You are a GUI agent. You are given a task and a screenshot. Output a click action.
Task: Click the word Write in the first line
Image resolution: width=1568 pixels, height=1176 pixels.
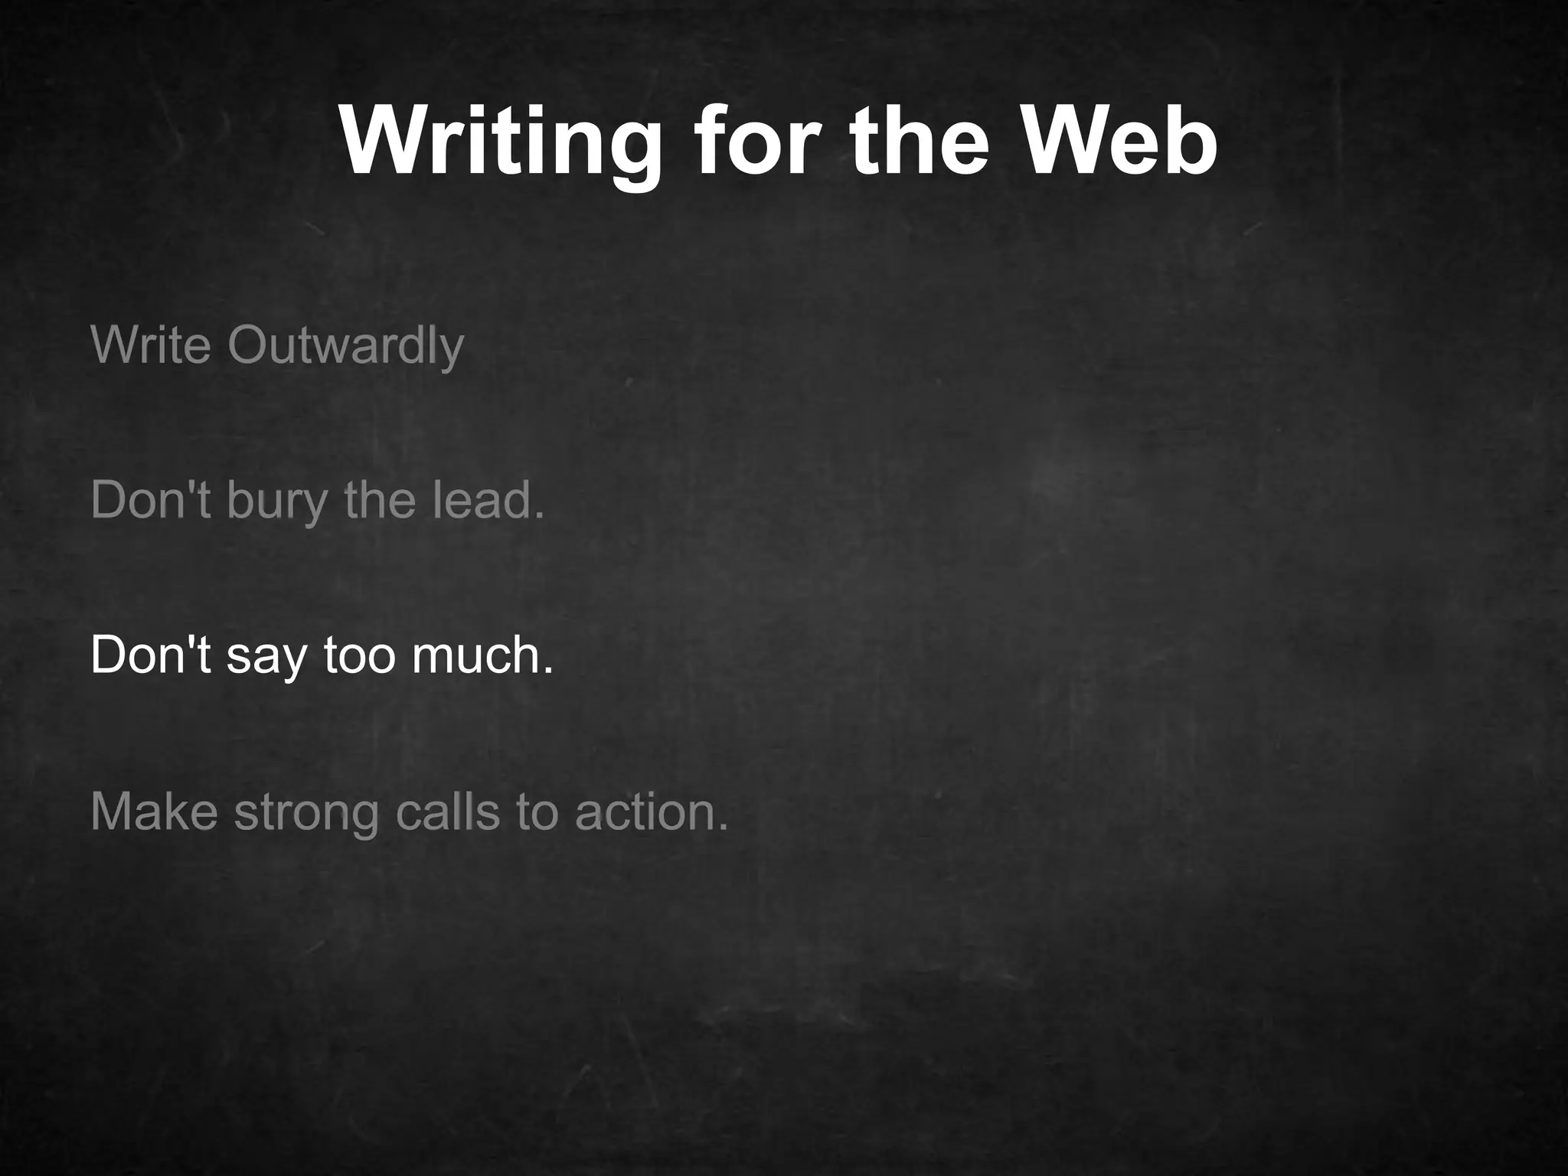[150, 345]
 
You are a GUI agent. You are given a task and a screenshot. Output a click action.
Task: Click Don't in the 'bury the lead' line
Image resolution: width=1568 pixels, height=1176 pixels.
[150, 499]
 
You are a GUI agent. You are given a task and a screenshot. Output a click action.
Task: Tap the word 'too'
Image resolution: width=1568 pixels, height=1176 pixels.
[359, 655]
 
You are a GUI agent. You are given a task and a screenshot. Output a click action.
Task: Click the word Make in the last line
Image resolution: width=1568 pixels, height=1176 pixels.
[154, 812]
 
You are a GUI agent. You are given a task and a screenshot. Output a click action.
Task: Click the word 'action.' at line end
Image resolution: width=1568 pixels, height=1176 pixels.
[652, 812]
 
